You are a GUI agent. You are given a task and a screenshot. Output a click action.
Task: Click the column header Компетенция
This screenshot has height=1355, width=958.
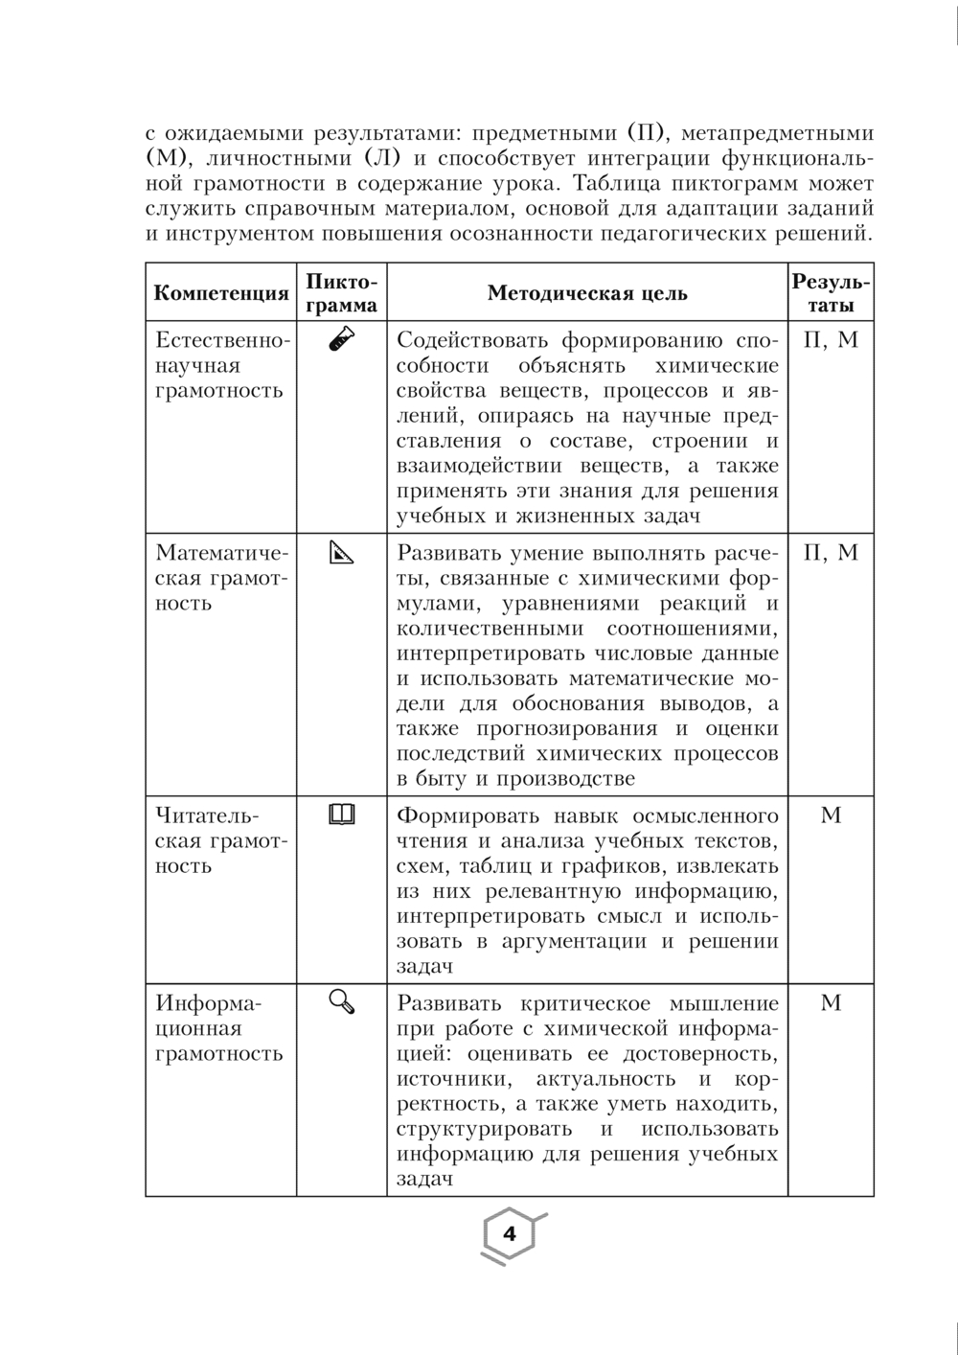point(221,293)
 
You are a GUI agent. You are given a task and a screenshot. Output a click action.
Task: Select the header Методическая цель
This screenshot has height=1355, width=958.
point(587,293)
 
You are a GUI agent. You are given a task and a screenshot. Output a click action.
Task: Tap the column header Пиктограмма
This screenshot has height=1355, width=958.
point(342,293)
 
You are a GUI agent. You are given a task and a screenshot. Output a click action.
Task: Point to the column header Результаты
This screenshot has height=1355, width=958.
point(831,293)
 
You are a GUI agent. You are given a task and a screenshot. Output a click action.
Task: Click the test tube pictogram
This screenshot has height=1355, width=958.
point(342,341)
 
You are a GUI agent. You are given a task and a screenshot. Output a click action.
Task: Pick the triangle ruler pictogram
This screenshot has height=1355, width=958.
point(342,553)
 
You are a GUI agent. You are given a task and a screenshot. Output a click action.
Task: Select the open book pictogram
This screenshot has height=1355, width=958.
point(342,815)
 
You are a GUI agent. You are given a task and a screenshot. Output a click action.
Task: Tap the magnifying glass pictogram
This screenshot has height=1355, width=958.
point(342,1002)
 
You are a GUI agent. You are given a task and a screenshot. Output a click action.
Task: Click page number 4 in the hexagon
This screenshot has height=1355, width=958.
point(510,1234)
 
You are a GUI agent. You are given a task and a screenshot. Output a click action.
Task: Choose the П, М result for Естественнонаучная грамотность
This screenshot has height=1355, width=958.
point(831,340)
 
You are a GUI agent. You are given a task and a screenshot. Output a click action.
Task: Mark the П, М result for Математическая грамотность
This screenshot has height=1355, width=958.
point(831,553)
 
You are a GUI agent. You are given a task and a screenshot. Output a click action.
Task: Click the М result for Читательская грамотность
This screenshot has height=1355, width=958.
point(831,815)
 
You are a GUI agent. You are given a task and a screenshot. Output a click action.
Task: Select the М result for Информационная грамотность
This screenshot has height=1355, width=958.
point(831,1002)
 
